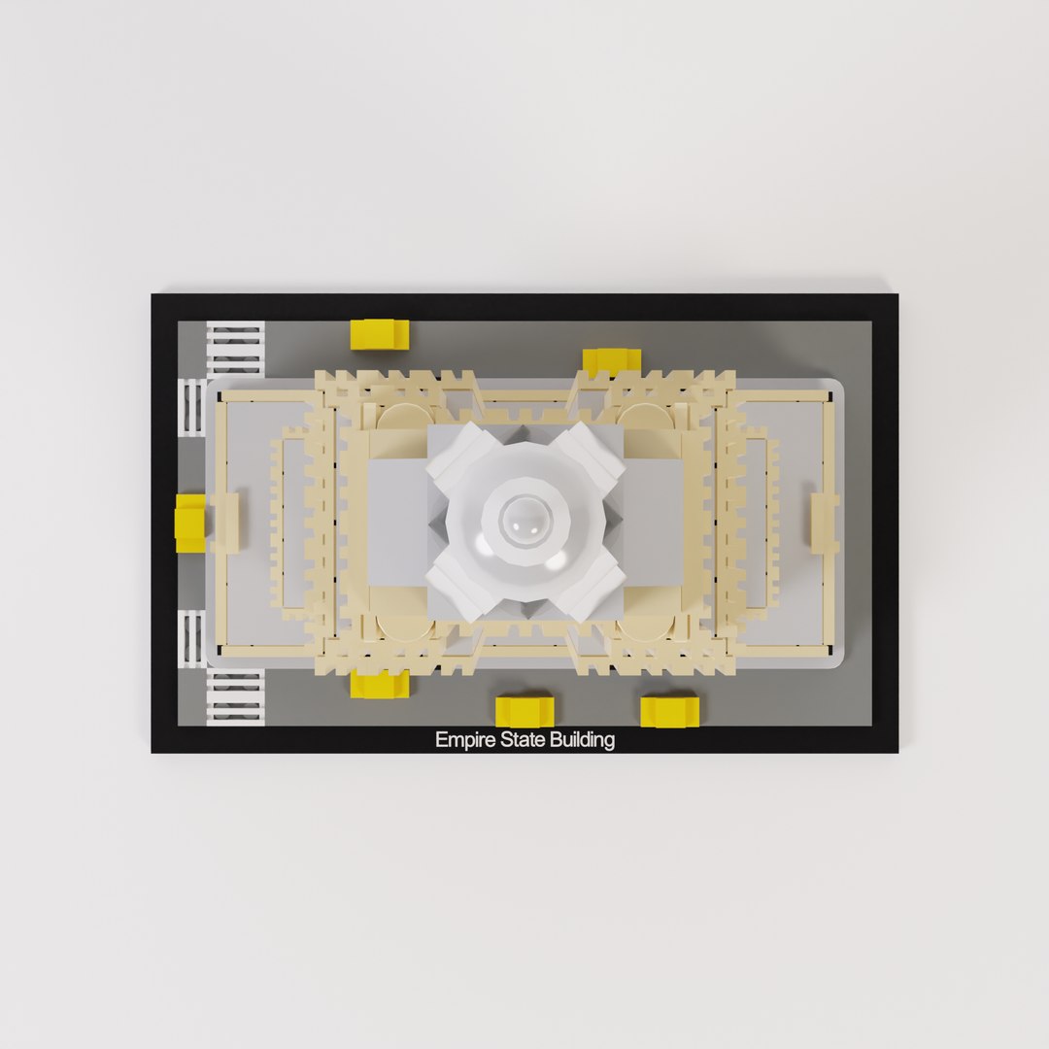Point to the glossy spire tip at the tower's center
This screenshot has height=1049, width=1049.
(524, 524)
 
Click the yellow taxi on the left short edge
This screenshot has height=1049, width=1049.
(190, 523)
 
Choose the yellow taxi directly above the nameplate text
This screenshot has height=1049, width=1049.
(524, 710)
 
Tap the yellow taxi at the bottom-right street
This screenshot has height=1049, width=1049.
(669, 710)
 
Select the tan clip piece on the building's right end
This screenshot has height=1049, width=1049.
(825, 523)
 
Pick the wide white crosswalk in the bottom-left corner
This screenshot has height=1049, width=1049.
(235, 697)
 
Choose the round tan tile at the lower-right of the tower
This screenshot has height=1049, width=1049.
(649, 626)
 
